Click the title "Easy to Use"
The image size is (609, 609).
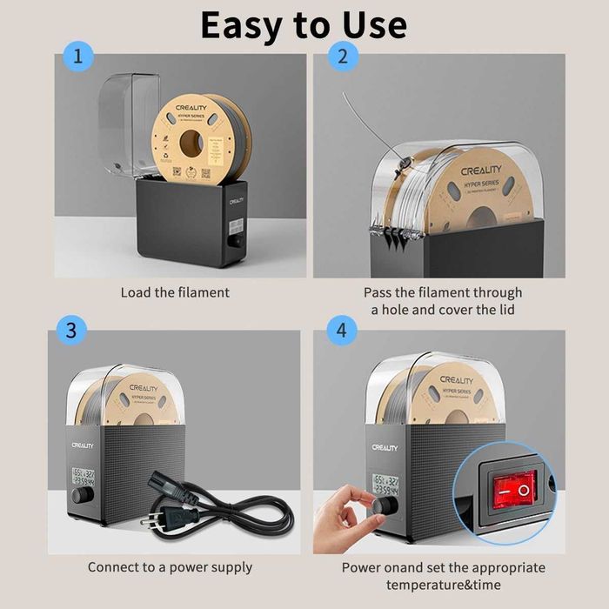pos(304,25)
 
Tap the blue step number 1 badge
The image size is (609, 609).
pos(79,58)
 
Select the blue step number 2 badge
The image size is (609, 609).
pos(342,58)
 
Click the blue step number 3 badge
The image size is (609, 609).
pos(71,331)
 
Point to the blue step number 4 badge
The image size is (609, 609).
pos(342,331)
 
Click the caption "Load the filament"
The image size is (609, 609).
pos(175,292)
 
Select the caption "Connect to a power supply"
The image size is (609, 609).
pos(170,567)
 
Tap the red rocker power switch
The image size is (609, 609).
pos(512,490)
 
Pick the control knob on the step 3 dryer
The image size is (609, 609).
pos(83,495)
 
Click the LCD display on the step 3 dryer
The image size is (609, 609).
pos(84,477)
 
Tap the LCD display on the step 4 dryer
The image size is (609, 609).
pos(385,484)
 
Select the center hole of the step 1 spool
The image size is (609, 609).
pos(191,143)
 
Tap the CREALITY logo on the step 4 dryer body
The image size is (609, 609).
pos(385,447)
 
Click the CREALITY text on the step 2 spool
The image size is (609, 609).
pos(481,172)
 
